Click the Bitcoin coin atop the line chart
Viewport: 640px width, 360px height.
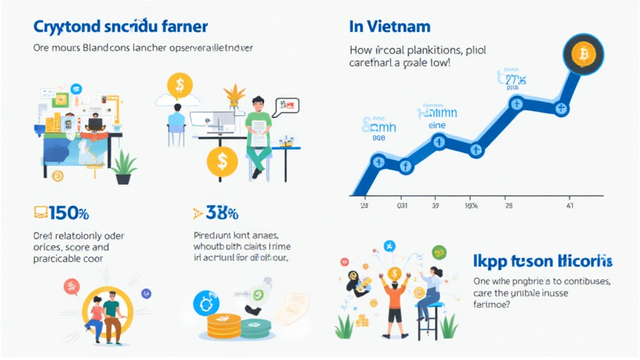pos(583,54)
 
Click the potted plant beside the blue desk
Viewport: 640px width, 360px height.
pos(124,167)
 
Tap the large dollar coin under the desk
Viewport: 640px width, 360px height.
pos(222,162)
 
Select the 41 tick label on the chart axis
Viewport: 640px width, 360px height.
pos(569,205)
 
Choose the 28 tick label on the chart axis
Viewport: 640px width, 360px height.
pos(508,205)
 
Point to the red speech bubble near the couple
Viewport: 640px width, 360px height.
pos(72,286)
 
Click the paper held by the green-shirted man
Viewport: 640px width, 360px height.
pos(258,131)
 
